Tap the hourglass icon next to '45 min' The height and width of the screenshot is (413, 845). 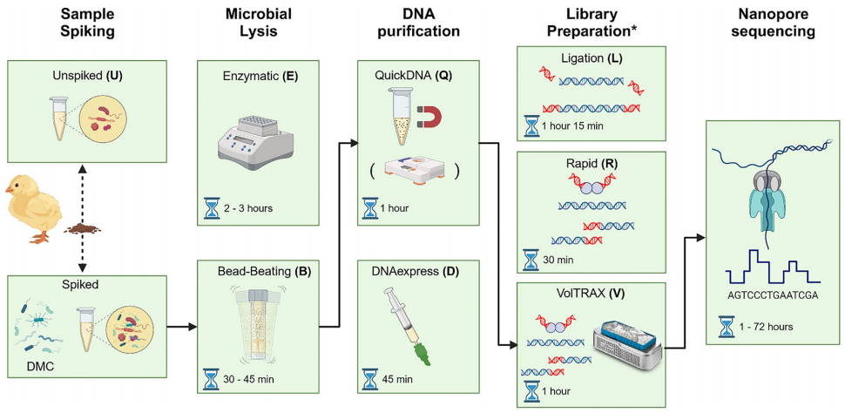click(x=370, y=380)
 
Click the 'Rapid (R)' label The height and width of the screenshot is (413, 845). click(x=591, y=163)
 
